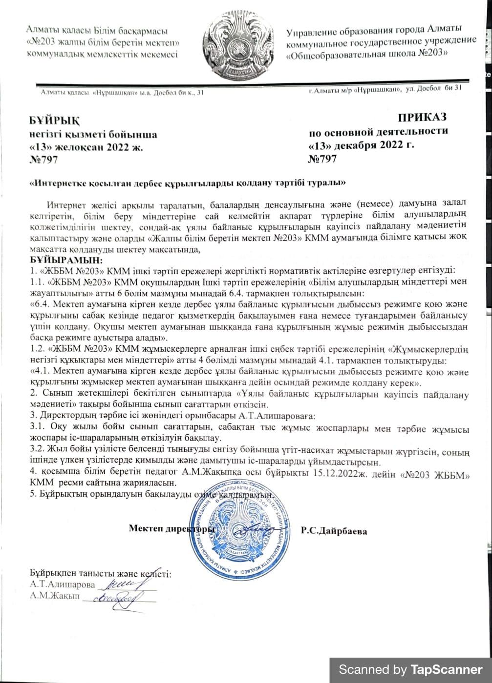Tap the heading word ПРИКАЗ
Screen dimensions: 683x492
point(422,118)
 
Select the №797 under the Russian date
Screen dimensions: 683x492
point(322,159)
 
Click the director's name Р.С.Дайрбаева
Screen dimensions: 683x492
point(334,531)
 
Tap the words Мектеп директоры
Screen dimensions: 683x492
point(171,528)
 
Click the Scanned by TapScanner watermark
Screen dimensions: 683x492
point(410,669)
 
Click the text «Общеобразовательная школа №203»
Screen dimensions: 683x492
point(367,53)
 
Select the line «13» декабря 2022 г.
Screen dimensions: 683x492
point(361,145)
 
